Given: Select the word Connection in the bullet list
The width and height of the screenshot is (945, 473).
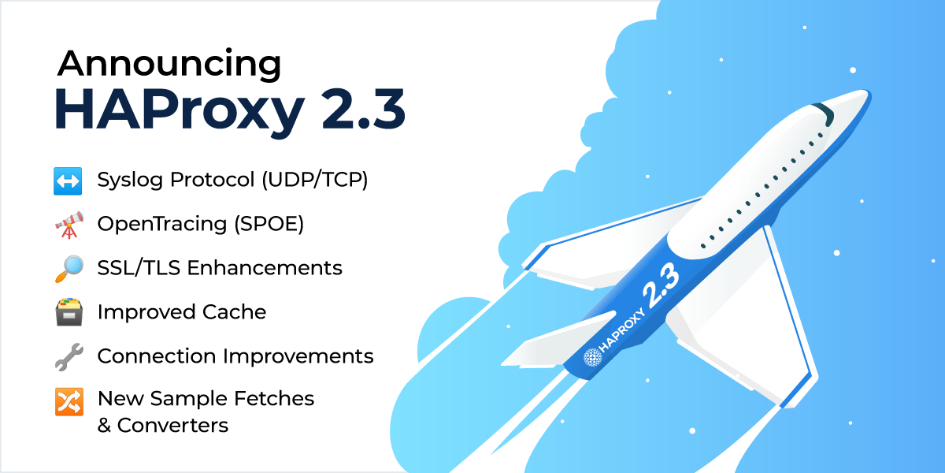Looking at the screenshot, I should (x=157, y=356).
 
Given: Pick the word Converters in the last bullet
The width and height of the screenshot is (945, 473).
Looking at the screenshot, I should (x=173, y=426).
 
